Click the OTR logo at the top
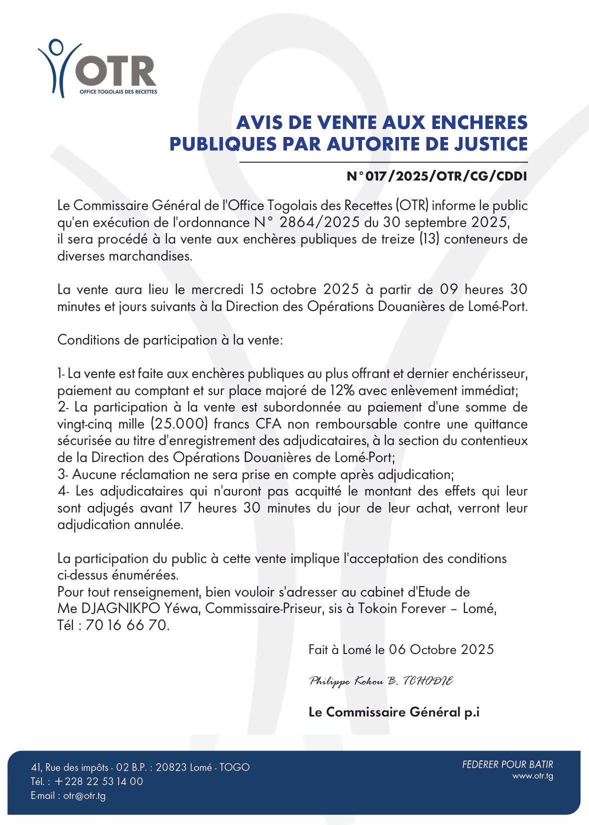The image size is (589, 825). click(x=97, y=69)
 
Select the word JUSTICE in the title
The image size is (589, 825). click(x=483, y=144)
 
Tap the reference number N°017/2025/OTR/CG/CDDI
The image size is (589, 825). click(x=437, y=176)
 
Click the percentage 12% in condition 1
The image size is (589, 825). click(x=343, y=390)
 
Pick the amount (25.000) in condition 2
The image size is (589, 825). click(x=179, y=424)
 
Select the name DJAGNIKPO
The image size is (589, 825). click(x=120, y=608)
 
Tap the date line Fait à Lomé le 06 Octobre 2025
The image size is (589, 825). click(x=401, y=649)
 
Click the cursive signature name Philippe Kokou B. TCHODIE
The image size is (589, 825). click(x=381, y=681)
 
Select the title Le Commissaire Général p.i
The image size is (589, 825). click(x=394, y=712)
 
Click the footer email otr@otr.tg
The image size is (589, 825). click(x=84, y=795)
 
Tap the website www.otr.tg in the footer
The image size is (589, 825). click(x=532, y=776)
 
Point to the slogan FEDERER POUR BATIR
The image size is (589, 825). click(x=507, y=764)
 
